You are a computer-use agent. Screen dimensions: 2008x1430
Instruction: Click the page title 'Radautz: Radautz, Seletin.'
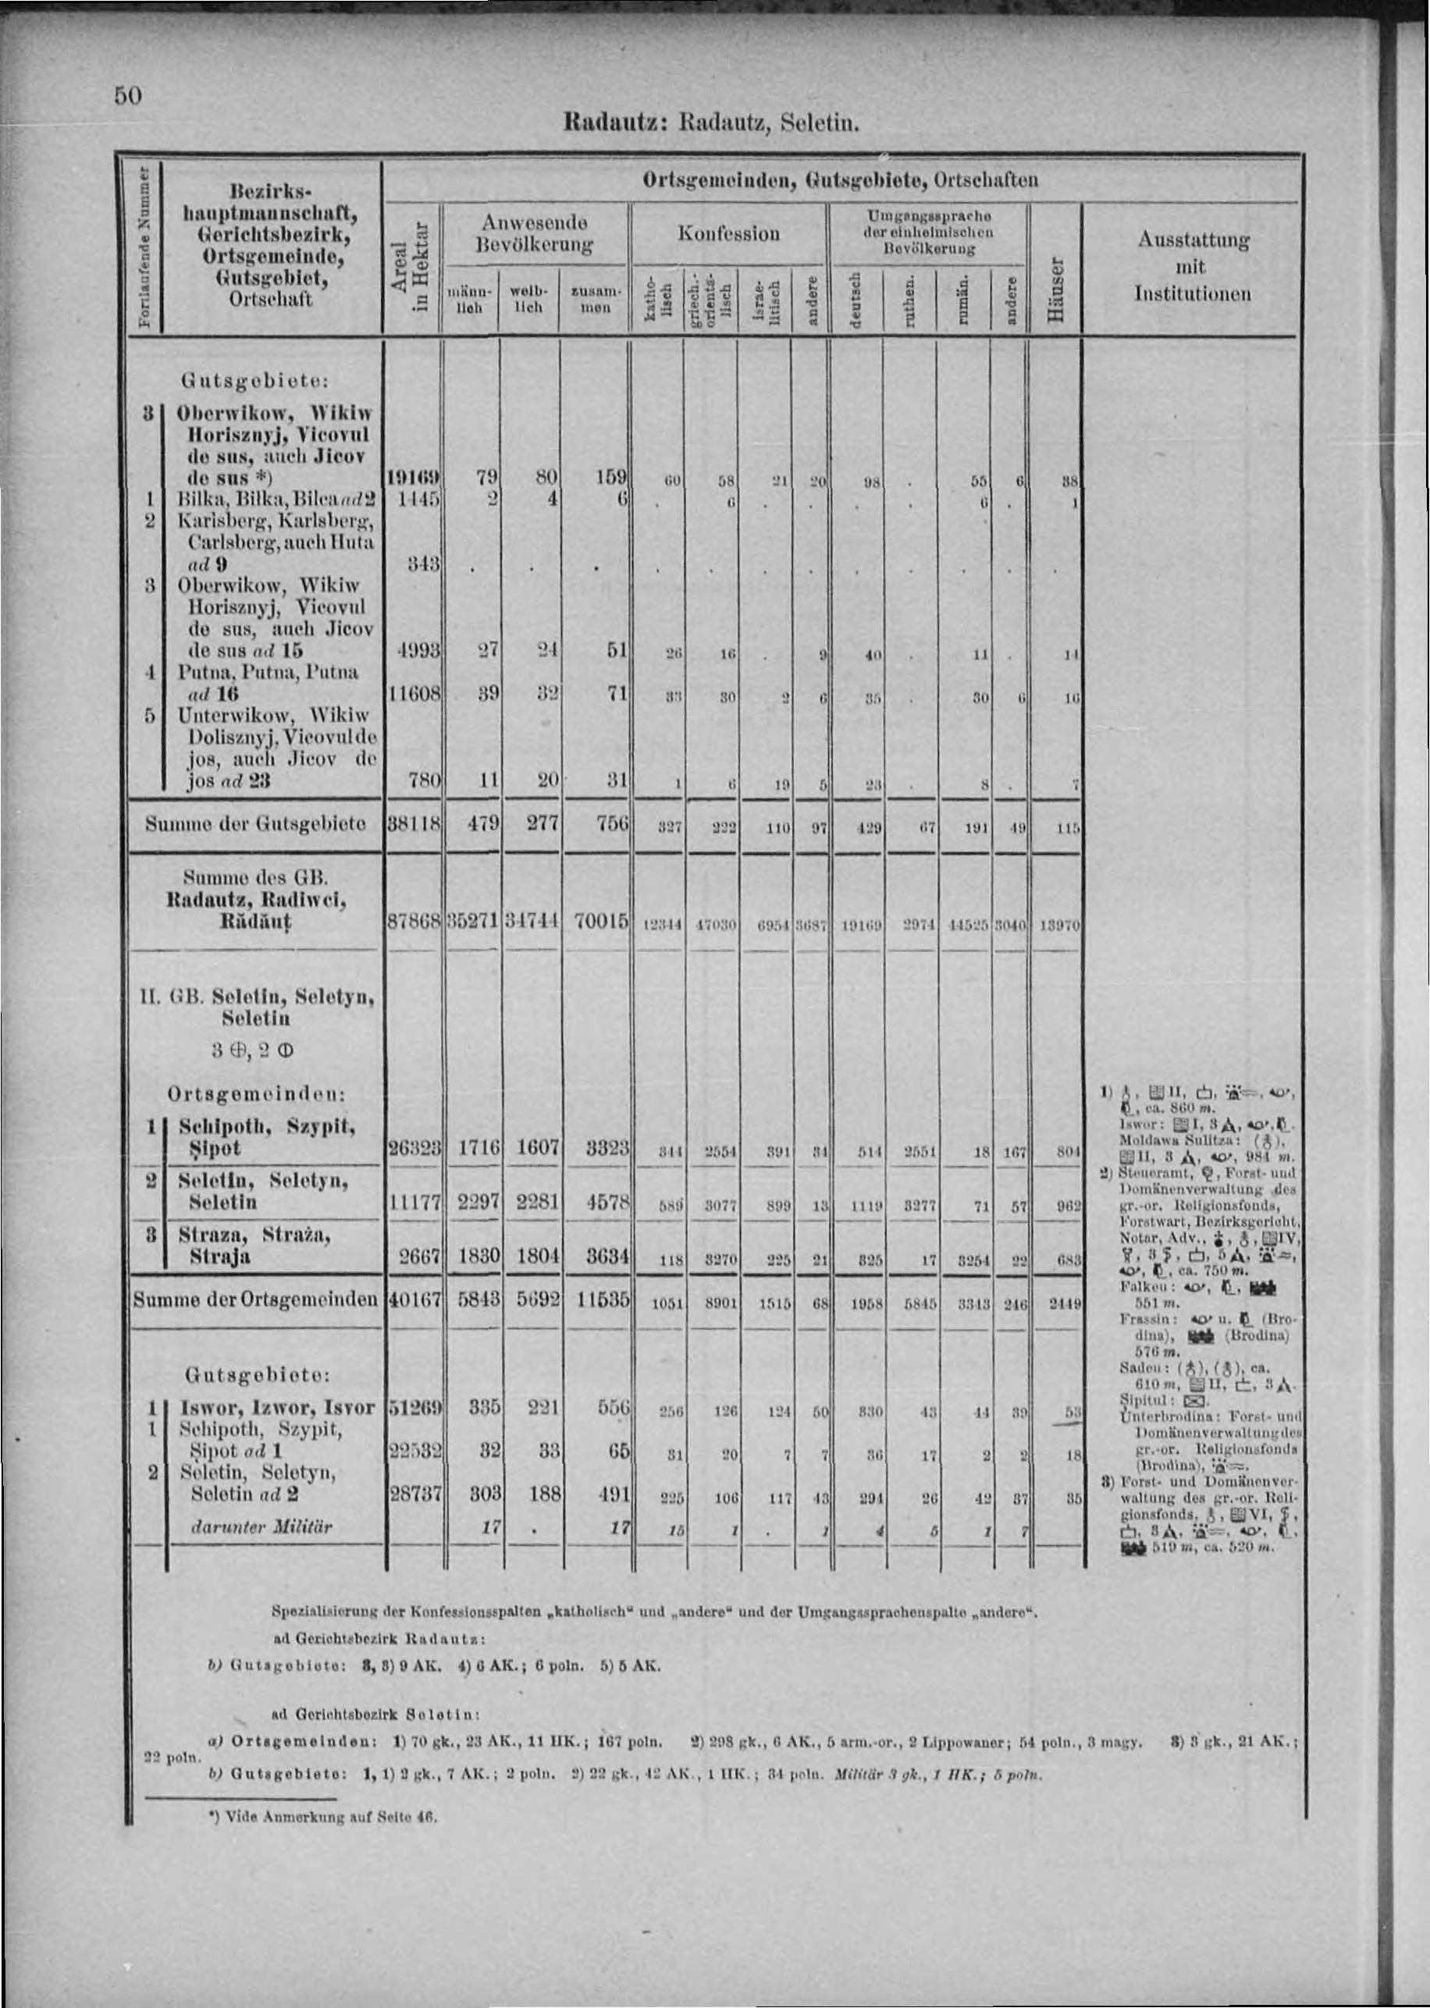710,123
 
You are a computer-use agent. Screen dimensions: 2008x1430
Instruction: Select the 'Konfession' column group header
728,234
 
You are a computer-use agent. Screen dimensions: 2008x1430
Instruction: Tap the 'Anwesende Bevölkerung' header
535,233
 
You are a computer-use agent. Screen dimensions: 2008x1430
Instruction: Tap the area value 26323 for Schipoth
414,1149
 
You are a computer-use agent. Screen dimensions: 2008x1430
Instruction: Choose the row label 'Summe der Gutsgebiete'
254,824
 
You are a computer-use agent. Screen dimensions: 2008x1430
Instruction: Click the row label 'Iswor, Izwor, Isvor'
276,1408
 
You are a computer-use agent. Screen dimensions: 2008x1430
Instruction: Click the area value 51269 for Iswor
414,1409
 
